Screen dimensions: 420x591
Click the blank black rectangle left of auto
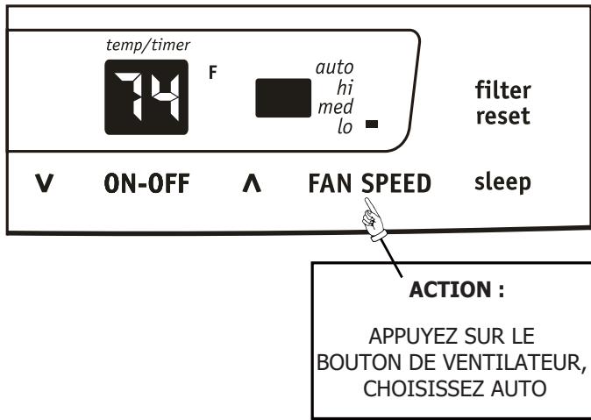[282, 98]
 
